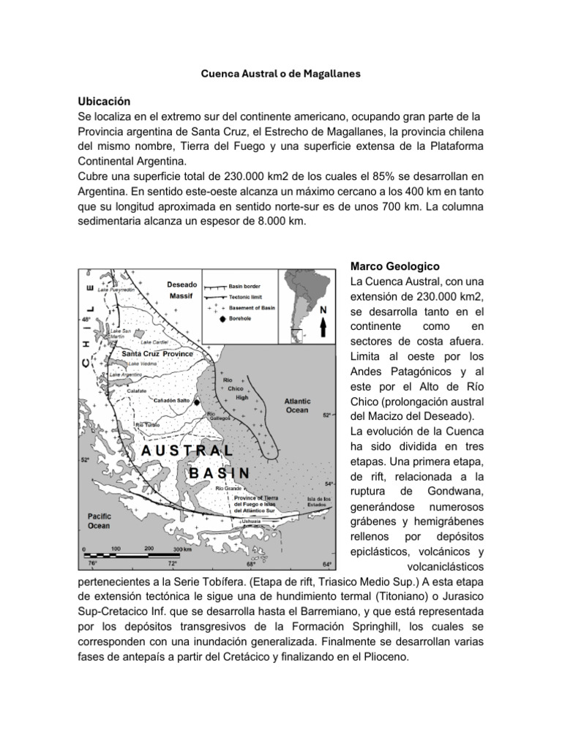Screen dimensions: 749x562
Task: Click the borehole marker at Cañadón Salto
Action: point(197,402)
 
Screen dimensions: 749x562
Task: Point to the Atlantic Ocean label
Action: point(297,405)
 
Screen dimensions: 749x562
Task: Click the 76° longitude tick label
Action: point(92,564)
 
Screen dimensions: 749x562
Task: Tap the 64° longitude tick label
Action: point(326,564)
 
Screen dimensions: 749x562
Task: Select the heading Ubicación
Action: point(105,102)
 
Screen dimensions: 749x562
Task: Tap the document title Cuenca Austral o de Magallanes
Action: point(281,74)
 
